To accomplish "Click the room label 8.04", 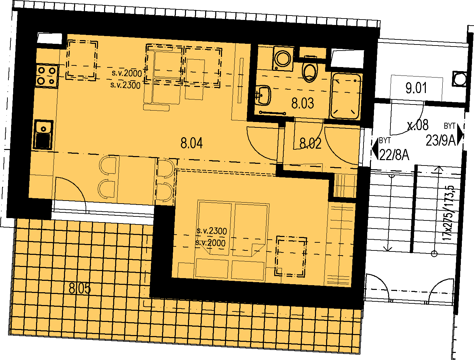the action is (192, 143).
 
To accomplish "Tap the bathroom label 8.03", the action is (303, 103).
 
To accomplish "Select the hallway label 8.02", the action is (311, 143).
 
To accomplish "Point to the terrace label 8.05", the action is (80, 288).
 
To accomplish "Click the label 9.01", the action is (416, 88).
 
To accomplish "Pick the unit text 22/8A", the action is (394, 155).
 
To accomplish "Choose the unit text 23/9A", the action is (441, 141).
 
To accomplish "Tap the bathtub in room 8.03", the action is (346, 96).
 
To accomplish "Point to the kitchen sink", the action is (43, 134).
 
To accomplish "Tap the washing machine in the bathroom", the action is (283, 58).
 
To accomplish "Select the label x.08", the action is (418, 125).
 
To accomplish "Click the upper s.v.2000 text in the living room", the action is (127, 73).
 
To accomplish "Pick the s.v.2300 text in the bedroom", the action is (212, 231).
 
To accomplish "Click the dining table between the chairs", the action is (136, 180).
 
